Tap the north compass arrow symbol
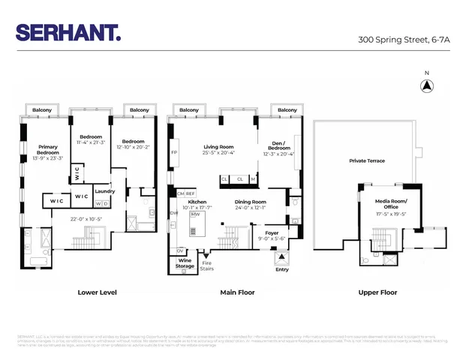click(x=426, y=86)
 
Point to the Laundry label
click(x=104, y=191)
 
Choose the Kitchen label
click(x=197, y=202)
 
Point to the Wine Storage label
click(x=185, y=263)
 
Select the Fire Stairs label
click(x=207, y=265)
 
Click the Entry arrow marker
click(x=282, y=256)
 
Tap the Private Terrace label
click(x=367, y=161)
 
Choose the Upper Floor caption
click(x=377, y=292)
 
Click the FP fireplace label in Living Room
click(x=174, y=152)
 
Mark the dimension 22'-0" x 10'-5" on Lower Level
click(x=85, y=219)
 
